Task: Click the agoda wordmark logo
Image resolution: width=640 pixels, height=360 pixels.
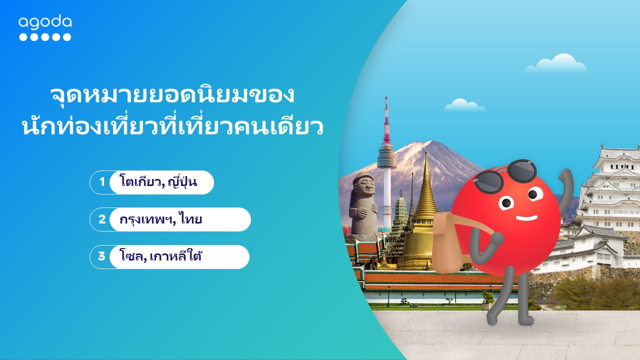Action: click(x=45, y=22)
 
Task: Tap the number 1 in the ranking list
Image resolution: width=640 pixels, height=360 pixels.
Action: click(x=102, y=181)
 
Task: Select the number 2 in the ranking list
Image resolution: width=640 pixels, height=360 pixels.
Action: click(x=102, y=219)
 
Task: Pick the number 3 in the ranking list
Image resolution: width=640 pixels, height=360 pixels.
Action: click(x=101, y=256)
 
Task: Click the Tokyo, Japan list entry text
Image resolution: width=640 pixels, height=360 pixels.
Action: click(x=158, y=181)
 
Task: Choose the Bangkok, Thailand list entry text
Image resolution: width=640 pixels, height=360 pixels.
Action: click(x=161, y=219)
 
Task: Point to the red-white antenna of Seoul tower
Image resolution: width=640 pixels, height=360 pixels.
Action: click(x=386, y=119)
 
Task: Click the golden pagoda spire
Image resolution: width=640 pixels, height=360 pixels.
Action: click(x=425, y=185)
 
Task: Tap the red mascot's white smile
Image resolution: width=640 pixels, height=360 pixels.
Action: click(x=526, y=218)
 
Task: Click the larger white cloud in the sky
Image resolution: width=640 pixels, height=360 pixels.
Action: click(x=556, y=63)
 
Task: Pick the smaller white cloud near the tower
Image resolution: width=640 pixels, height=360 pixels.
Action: click(x=464, y=105)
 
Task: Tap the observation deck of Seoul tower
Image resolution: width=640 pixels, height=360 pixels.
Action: click(x=386, y=156)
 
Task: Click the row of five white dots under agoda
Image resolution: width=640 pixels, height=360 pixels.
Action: click(x=45, y=37)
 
